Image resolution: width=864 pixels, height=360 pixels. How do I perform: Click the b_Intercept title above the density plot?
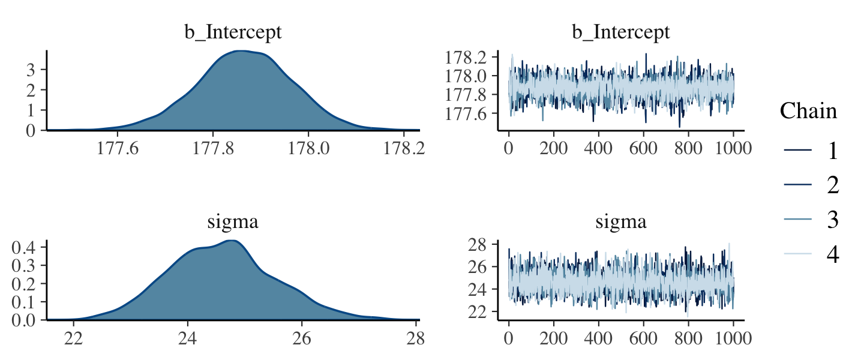(x=233, y=32)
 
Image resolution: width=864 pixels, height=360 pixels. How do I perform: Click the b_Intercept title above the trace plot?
(x=620, y=32)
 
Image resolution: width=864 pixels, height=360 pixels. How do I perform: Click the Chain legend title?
(x=808, y=111)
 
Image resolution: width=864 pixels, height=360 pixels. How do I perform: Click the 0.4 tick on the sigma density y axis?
(x=27, y=247)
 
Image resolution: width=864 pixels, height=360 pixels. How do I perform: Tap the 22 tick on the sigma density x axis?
(x=74, y=338)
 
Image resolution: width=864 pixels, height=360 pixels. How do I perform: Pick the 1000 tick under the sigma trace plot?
(x=733, y=338)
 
